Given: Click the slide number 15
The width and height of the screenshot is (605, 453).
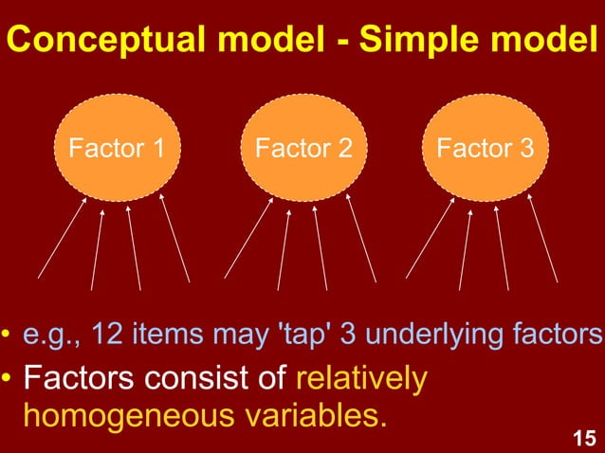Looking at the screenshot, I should [x=585, y=438].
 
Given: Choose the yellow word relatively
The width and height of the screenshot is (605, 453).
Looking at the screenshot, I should [x=361, y=378].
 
